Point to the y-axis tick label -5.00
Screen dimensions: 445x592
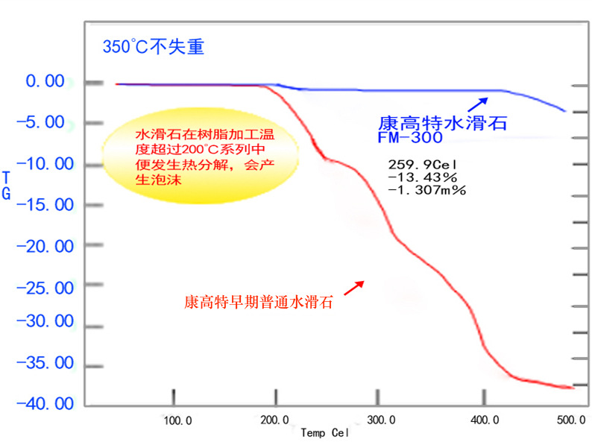(x=46, y=122)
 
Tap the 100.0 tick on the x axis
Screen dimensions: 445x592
(x=177, y=420)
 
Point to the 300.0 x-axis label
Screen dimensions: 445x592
(x=380, y=420)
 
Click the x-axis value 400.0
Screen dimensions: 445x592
(x=485, y=420)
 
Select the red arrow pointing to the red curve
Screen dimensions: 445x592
(x=354, y=287)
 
